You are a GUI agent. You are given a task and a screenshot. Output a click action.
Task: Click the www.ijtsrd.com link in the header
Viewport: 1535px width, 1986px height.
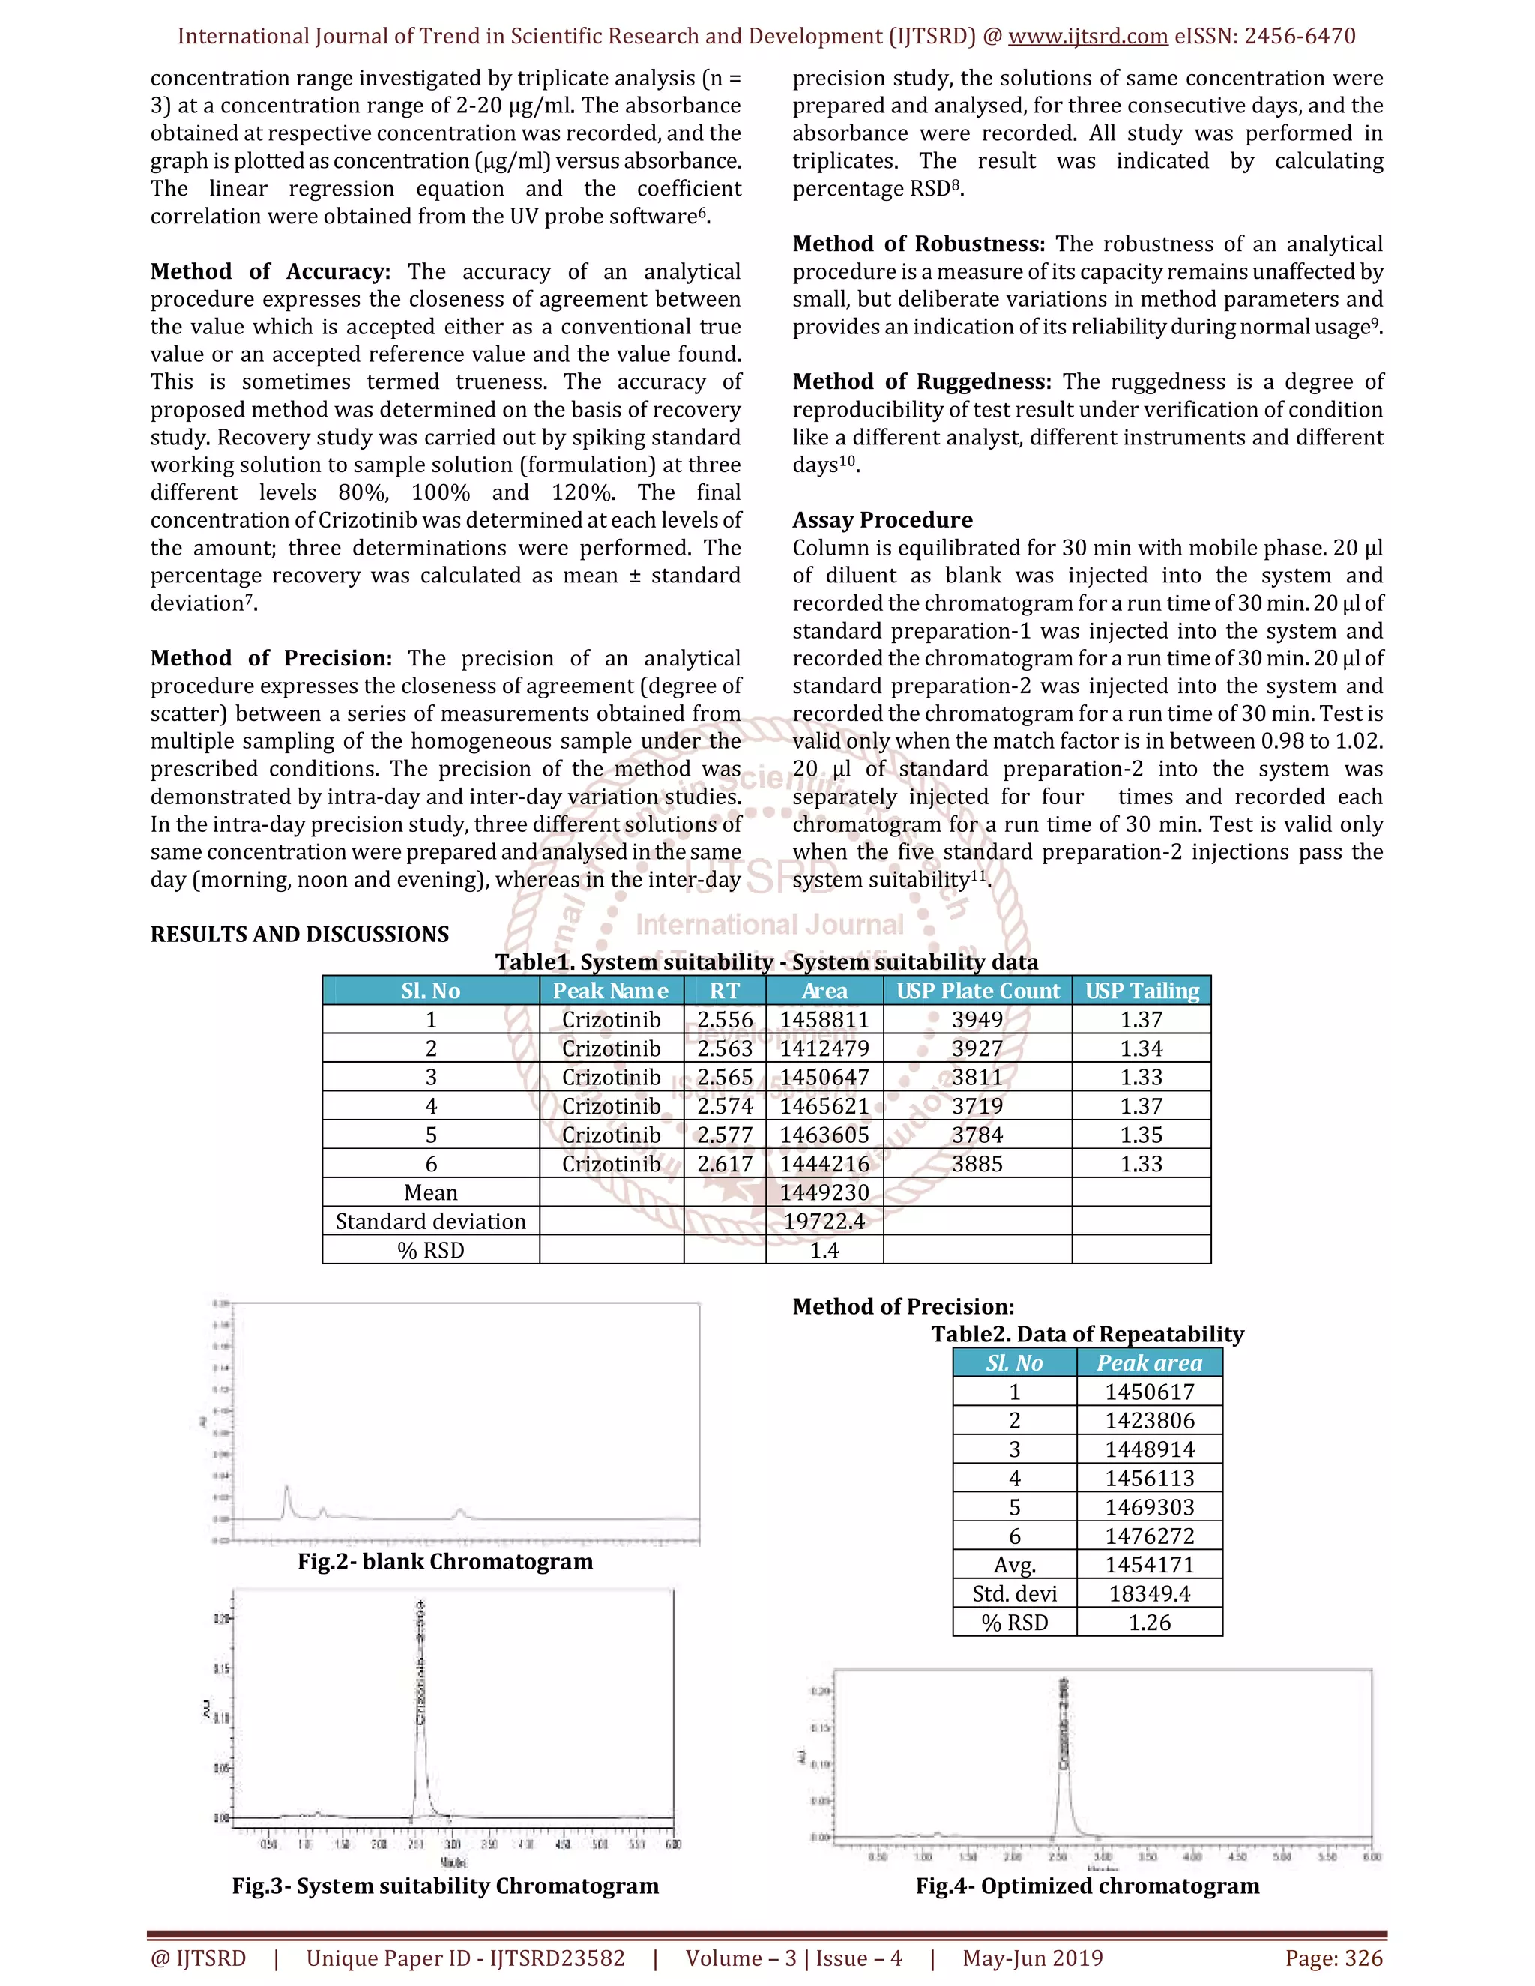click(x=1088, y=37)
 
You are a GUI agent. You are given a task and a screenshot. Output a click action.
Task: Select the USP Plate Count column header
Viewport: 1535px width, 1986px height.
click(x=977, y=992)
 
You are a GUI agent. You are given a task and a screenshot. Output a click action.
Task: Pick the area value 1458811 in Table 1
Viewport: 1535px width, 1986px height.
click(x=824, y=1020)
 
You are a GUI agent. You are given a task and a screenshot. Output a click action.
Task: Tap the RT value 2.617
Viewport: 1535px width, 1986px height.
click(x=725, y=1164)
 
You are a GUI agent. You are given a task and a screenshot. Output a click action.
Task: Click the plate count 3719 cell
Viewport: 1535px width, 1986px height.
click(x=977, y=1107)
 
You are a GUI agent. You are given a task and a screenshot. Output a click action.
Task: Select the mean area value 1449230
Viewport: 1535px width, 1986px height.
click(x=824, y=1193)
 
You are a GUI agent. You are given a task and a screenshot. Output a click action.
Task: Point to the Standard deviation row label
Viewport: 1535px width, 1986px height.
click(x=430, y=1222)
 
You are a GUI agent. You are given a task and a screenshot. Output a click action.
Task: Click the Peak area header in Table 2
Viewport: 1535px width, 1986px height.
click(x=1150, y=1363)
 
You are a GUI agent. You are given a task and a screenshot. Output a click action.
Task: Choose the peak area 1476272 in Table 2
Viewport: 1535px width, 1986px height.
click(x=1150, y=1536)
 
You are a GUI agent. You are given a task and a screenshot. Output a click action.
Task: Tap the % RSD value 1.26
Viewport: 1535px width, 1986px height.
click(x=1150, y=1623)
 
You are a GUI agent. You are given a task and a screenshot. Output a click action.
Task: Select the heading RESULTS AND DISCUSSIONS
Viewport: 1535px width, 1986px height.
click(x=299, y=935)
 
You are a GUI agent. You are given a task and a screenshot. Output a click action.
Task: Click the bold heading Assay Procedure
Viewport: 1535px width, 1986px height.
click(x=882, y=520)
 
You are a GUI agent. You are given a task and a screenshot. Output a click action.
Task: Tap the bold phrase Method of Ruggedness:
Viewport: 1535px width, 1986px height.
click(x=921, y=382)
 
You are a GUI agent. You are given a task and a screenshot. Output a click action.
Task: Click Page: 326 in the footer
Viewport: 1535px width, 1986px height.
click(x=1333, y=1958)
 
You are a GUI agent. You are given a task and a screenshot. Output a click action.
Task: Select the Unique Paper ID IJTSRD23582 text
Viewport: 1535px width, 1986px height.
click(x=465, y=1958)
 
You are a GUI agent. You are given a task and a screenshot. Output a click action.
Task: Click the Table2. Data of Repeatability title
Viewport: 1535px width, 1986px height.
click(x=1087, y=1334)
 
